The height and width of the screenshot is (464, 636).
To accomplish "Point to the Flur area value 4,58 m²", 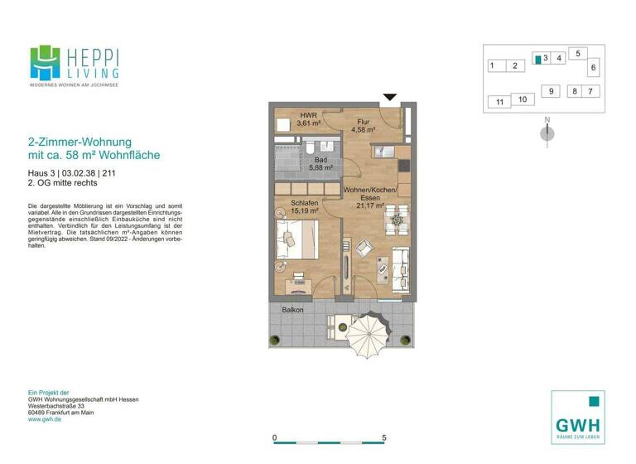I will click(x=364, y=130).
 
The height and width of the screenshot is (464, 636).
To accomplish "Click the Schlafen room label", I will click(x=305, y=202).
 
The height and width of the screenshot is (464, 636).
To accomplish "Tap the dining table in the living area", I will click(x=397, y=222).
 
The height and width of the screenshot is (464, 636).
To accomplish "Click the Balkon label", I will click(x=292, y=311).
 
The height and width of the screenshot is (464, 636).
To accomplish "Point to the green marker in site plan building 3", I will click(x=537, y=59).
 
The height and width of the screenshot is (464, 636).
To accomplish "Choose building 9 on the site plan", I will click(x=550, y=91).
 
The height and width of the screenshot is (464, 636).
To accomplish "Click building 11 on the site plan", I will click(x=499, y=103).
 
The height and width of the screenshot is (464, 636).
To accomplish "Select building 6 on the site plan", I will click(x=593, y=67).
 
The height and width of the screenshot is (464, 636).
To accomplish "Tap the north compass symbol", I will click(x=547, y=132).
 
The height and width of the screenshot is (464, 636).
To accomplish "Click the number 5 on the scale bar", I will click(x=383, y=436).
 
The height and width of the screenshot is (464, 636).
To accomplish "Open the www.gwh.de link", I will click(x=46, y=419).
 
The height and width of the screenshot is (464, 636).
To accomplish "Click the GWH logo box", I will click(x=577, y=417).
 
